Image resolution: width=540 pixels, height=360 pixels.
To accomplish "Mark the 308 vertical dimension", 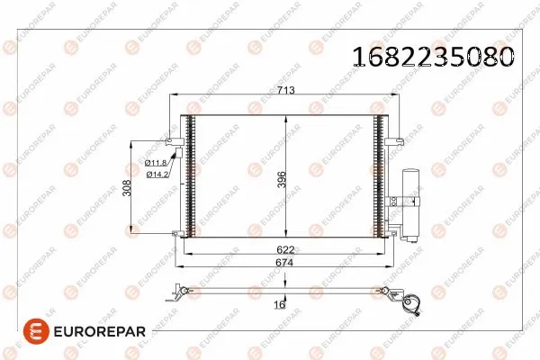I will pyautogui.click(x=128, y=187).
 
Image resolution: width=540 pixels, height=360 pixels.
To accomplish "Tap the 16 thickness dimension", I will pyautogui.click(x=278, y=305).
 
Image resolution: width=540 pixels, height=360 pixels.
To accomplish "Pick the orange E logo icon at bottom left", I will pyautogui.click(x=15, y=332).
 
